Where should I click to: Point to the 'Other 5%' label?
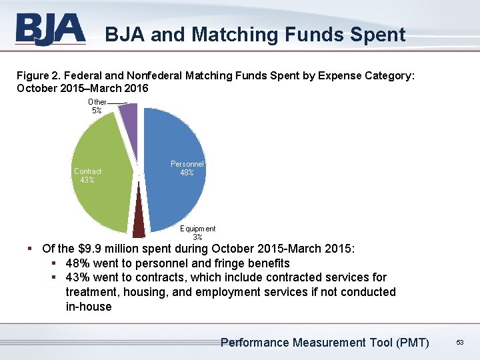(97, 106)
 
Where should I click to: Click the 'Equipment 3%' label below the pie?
(197, 233)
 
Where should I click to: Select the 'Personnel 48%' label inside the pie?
(187, 168)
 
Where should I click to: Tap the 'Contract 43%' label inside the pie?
(87, 175)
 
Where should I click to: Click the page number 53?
(459, 343)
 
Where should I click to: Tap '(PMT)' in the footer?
(412, 343)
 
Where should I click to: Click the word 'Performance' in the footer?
(255, 343)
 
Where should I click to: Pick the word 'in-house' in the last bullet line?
(89, 307)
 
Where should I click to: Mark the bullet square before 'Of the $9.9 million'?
(31, 249)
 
